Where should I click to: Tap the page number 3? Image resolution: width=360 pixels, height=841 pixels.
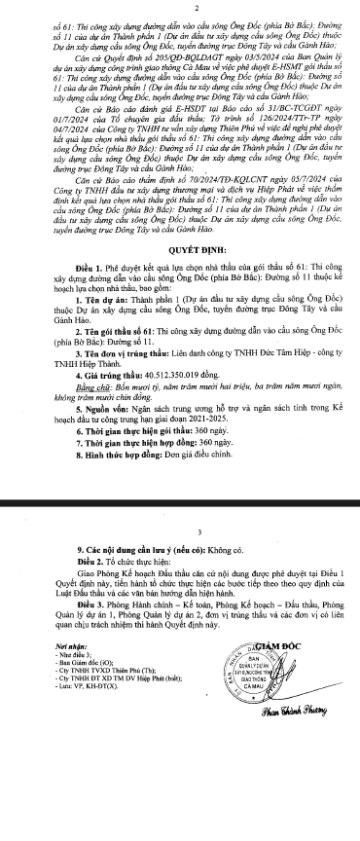(x=181, y=532)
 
